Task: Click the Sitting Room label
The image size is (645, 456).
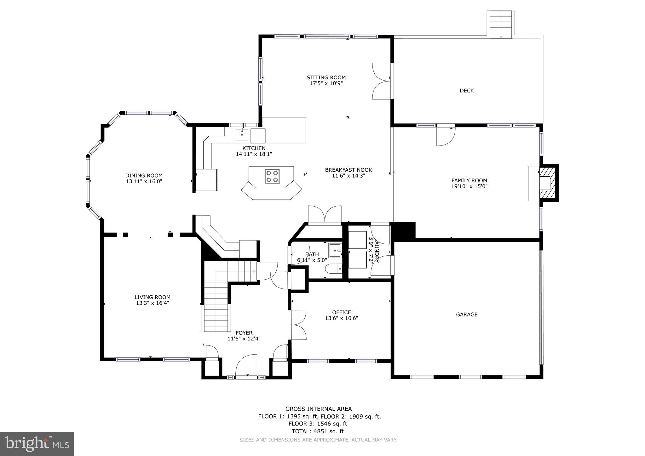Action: click(x=326, y=77)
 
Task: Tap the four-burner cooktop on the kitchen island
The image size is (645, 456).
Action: click(x=272, y=176)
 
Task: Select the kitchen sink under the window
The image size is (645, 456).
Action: click(x=242, y=135)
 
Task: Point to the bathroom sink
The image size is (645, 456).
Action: click(x=335, y=251)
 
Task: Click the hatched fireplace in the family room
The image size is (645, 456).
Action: click(x=547, y=183)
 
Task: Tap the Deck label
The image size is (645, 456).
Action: click(x=467, y=91)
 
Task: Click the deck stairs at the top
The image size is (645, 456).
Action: click(x=501, y=25)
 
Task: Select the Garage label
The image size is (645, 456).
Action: click(x=467, y=314)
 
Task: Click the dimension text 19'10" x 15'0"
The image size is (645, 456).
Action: click(x=469, y=186)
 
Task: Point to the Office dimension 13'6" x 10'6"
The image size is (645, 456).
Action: click(x=342, y=318)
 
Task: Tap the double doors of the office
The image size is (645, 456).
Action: click(x=297, y=325)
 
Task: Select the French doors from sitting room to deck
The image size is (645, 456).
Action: click(x=381, y=81)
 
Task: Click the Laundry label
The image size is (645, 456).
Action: click(x=374, y=250)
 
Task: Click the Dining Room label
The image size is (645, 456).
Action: click(x=144, y=176)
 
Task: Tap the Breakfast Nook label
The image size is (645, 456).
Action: click(x=348, y=170)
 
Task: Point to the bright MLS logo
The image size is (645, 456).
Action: click(x=37, y=444)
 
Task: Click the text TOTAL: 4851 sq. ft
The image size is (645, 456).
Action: click(x=318, y=431)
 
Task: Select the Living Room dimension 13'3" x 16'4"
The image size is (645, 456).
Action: click(x=153, y=303)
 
